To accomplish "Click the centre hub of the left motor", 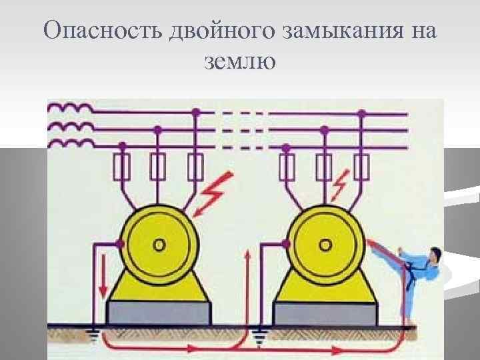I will pyautogui.click(x=159, y=244).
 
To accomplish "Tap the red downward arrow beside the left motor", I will pyautogui.click(x=103, y=280).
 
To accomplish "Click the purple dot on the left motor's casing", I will pyautogui.click(x=121, y=244).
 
